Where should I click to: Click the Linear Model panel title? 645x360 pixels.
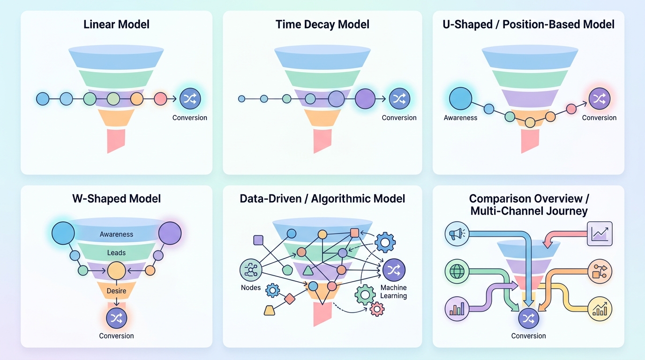click(116, 24)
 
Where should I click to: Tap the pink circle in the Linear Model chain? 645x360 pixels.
click(160, 99)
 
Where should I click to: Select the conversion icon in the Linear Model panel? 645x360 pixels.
click(190, 98)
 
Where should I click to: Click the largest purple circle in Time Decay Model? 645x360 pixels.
click(365, 99)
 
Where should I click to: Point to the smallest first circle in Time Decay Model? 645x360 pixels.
click(241, 99)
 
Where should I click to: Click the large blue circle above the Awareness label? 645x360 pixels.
click(460, 98)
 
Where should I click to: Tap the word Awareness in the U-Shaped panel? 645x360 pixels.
click(460, 118)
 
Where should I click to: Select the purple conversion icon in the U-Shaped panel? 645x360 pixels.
click(599, 98)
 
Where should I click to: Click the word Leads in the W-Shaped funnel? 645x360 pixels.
click(116, 253)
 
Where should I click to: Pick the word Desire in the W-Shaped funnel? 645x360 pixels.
click(116, 291)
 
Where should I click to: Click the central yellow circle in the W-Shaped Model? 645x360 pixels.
click(116, 271)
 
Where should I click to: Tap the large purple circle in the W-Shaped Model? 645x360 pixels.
click(170, 233)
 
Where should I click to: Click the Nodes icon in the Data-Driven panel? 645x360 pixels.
click(251, 270)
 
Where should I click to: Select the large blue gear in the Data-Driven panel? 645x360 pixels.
click(385, 242)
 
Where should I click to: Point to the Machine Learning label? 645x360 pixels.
click(393, 292)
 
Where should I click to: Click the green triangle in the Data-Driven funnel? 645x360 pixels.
click(308, 271)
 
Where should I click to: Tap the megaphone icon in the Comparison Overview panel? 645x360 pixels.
click(457, 233)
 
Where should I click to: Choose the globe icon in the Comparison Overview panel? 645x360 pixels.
click(457, 271)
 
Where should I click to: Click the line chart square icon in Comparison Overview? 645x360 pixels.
click(600, 233)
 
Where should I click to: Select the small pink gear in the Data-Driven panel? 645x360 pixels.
click(377, 309)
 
